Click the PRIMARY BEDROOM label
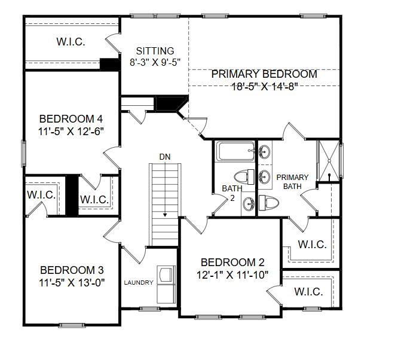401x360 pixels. pos(264,74)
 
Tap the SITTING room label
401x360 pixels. pos(155,51)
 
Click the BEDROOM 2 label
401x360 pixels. pos(232,262)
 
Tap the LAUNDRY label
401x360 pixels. pos(139,282)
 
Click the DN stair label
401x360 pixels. pos(165,157)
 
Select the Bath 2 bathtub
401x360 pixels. pos(234,151)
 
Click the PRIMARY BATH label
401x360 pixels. pos(292,182)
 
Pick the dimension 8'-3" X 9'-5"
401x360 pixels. pos(155,62)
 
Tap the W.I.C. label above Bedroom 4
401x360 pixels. pos(71,42)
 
